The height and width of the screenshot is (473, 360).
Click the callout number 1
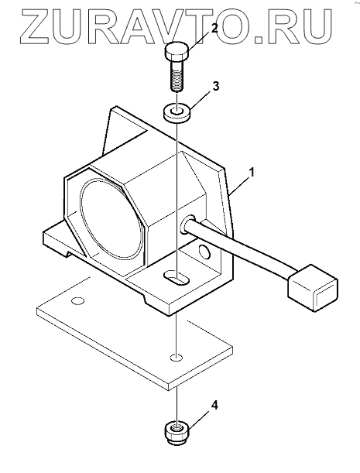click(x=252, y=173)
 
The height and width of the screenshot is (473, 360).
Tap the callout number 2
click(x=214, y=29)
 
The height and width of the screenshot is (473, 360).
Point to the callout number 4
click(x=214, y=405)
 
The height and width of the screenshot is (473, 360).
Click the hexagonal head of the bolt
click(x=177, y=52)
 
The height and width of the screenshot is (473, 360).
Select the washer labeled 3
click(x=177, y=113)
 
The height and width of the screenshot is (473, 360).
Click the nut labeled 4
click(x=177, y=433)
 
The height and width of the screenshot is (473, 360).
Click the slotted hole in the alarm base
click(x=177, y=277)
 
